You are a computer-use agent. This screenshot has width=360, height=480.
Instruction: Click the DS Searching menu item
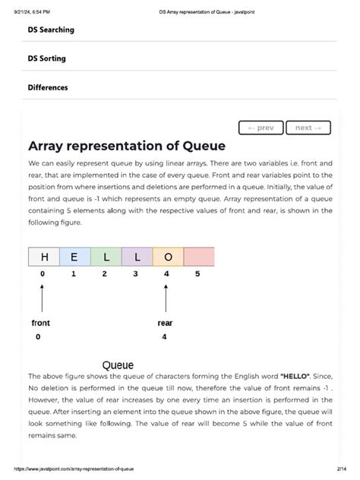[51, 30]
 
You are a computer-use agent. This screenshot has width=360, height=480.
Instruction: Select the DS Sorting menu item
[46, 58]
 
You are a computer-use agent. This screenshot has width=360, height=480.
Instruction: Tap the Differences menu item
[48, 87]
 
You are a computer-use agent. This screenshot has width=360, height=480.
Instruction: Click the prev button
[261, 128]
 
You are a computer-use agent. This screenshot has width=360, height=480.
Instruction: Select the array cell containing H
[43, 257]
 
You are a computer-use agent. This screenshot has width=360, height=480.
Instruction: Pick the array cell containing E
[74, 257]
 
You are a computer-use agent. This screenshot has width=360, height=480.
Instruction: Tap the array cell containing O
[168, 257]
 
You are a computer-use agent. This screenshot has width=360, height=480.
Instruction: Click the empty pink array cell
[199, 257]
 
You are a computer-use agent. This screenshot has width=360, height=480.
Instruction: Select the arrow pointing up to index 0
[42, 296]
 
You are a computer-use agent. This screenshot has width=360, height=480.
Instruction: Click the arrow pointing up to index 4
[166, 296]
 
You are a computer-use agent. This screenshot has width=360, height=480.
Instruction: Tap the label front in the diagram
[41, 323]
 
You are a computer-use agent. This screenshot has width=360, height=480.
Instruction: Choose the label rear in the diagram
[165, 323]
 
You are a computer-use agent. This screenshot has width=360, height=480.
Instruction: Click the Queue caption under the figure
[118, 365]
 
